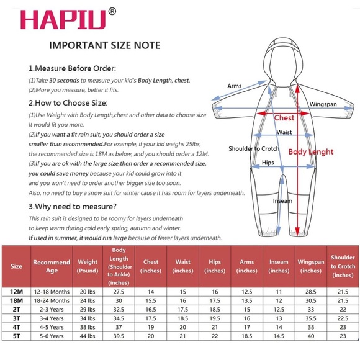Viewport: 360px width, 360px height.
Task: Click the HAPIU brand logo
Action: [x=63, y=19]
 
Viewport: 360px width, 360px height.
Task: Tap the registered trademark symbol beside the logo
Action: [x=112, y=11]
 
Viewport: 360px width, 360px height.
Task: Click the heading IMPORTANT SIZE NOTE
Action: [x=105, y=45]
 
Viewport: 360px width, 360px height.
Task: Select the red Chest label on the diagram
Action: [x=284, y=118]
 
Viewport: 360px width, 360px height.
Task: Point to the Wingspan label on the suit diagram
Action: [x=323, y=104]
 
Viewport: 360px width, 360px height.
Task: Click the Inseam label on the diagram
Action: [x=282, y=201]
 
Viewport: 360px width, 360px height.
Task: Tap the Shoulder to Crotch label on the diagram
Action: [x=254, y=148]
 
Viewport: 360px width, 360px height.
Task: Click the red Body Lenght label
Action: [x=311, y=152]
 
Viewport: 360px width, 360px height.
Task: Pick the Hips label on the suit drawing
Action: [x=268, y=163]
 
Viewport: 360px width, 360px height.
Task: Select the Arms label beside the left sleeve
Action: [x=235, y=86]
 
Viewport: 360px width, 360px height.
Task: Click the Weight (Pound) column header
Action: [x=88, y=266]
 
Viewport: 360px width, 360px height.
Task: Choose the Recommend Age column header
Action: [x=52, y=266]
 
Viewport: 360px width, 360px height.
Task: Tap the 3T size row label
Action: [x=16, y=318]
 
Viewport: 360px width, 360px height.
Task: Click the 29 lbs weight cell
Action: [x=88, y=310]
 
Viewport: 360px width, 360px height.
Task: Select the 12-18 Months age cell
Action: [x=52, y=292]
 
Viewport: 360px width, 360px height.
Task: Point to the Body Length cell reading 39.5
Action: [x=119, y=336]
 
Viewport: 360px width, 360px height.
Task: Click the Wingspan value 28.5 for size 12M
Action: [x=311, y=292]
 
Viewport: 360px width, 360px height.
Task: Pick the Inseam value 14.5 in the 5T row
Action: [x=279, y=336]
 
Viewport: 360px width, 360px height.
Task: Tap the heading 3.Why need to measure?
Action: [x=73, y=207]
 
